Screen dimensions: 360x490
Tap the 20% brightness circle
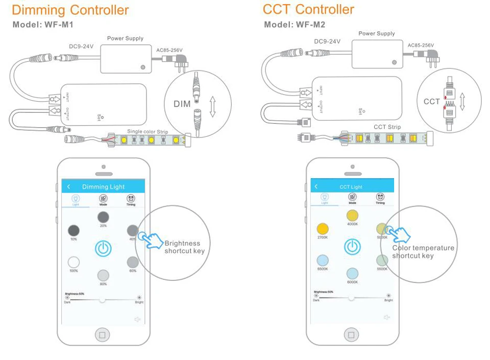[103, 217]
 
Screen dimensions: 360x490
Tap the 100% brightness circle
[74, 262]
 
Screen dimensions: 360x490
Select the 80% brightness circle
[103, 275]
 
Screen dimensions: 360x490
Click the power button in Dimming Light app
[103, 249]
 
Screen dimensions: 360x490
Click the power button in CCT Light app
[352, 247]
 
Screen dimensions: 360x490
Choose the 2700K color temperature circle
[323, 229]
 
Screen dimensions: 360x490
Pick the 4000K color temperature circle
[352, 215]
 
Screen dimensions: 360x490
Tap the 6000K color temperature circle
[352, 273]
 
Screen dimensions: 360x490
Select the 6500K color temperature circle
[323, 260]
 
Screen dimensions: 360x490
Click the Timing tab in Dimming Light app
[131, 200]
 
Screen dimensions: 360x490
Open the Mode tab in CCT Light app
[352, 199]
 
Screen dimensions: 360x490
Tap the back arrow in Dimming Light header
[69, 187]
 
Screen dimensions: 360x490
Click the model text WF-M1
[59, 25]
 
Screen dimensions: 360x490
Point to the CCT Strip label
[387, 127]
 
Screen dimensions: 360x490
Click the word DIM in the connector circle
[182, 104]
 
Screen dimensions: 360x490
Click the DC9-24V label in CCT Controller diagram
[327, 41]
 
